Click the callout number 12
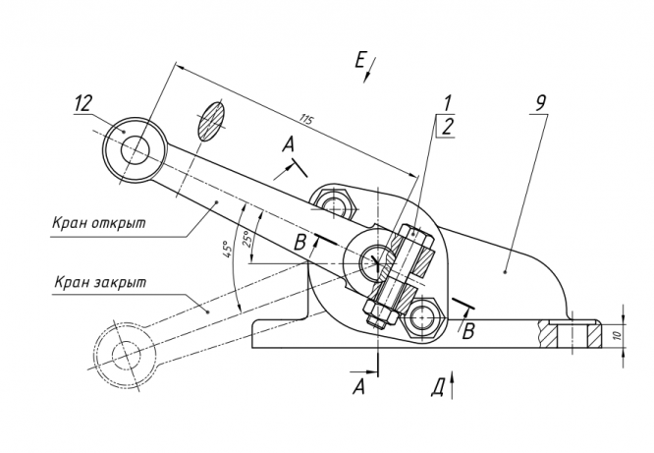pyautogui.click(x=83, y=103)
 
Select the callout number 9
pyautogui.click(x=540, y=103)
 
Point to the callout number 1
pyautogui.click(x=447, y=103)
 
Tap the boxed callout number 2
pyautogui.click(x=447, y=127)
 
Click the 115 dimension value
pyautogui.click(x=305, y=120)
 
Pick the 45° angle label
pyautogui.click(x=227, y=249)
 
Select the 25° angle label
pyautogui.click(x=247, y=239)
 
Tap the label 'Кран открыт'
pyautogui.click(x=99, y=223)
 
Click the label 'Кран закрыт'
pyautogui.click(x=100, y=282)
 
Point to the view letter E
pyautogui.click(x=360, y=61)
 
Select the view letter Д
pyautogui.click(x=438, y=387)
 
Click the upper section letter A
pyautogui.click(x=288, y=144)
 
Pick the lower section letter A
pyautogui.click(x=358, y=386)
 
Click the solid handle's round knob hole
pyautogui.click(x=136, y=149)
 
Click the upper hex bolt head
pyautogui.click(x=335, y=204)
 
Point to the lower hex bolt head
pyautogui.click(x=422, y=318)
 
